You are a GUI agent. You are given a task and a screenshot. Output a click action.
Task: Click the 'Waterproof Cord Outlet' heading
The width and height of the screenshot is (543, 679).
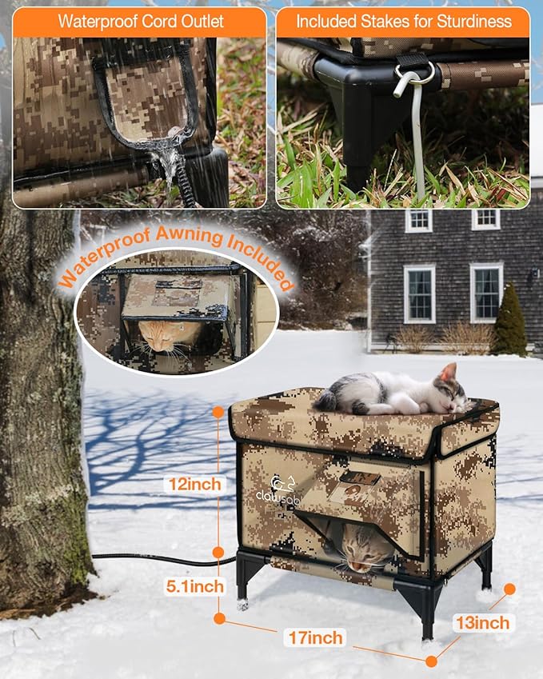point(140,22)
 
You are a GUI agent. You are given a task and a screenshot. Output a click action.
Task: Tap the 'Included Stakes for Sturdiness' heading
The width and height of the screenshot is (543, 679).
point(403,22)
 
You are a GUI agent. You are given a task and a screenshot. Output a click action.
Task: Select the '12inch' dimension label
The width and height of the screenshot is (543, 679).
point(192,484)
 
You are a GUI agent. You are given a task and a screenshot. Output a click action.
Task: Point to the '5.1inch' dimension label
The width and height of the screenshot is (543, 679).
point(194,586)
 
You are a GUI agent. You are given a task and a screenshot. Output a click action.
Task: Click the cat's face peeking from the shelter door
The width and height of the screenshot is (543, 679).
point(363,550)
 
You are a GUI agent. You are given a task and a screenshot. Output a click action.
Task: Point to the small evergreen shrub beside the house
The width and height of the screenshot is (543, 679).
point(509,320)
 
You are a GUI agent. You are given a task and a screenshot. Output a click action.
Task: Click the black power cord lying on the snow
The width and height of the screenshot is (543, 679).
point(160,558)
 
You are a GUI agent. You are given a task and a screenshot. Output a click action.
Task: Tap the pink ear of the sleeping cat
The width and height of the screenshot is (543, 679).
point(449,372)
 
